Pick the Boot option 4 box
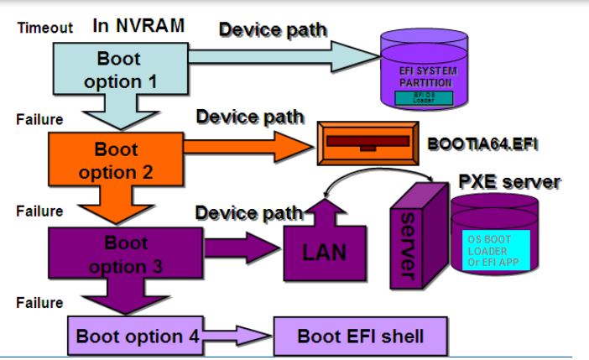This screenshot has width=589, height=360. tap(135, 337)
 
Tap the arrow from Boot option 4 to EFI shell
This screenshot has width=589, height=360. tap(237, 337)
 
